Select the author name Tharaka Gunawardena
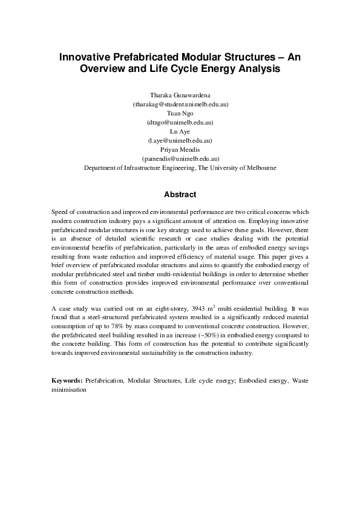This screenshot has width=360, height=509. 180,96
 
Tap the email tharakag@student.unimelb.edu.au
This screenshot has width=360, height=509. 180,105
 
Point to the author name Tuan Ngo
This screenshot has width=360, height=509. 180,113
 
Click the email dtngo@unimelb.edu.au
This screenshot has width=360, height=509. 180,122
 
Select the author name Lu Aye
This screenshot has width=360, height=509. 180,131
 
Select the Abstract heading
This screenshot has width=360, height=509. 180,195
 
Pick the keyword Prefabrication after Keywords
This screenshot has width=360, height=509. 104,381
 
